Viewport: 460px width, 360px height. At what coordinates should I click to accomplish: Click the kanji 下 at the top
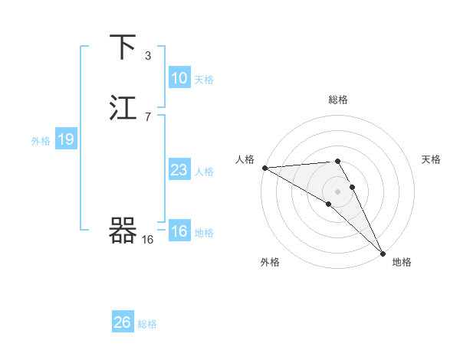coord(123,47)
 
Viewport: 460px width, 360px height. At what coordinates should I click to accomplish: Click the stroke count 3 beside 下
coord(148,55)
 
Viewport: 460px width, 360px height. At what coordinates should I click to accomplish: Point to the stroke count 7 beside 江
coord(148,116)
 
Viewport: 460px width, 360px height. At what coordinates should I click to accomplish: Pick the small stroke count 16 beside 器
coord(148,240)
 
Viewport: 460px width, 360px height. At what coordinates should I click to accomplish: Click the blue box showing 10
coord(179,78)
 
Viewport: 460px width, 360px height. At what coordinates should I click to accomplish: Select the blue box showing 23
coord(179,170)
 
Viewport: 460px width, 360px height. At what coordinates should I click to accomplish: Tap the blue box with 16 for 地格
coord(179,232)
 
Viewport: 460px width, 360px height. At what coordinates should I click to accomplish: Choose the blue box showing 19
coord(65,139)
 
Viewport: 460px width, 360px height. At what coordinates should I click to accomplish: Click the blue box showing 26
coord(122,322)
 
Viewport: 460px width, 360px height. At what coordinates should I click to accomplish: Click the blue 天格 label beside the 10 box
coord(204,80)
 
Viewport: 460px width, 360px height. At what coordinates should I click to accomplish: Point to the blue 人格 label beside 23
coord(204,172)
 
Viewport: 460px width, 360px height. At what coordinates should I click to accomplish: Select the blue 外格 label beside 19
coord(41,141)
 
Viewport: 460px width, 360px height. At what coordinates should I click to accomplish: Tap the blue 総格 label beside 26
coord(147,324)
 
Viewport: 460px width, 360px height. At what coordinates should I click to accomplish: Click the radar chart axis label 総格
coord(338,100)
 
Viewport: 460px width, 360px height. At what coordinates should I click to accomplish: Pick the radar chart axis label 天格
coord(431,159)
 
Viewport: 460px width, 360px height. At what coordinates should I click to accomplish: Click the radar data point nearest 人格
coord(264,168)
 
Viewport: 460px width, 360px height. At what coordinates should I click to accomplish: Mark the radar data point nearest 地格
coord(383,254)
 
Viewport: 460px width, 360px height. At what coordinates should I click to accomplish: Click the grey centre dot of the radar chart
coord(338,191)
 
